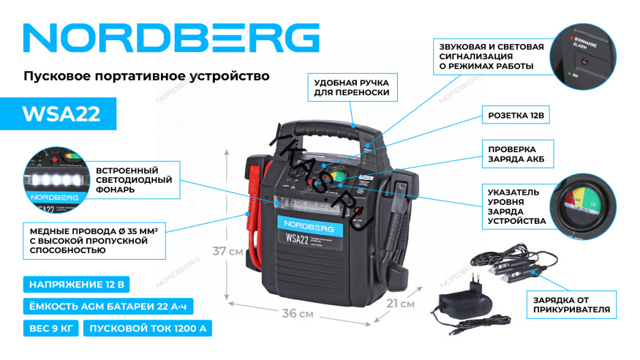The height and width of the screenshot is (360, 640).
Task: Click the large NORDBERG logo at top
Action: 173,38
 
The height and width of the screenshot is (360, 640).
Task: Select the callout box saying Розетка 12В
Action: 516,116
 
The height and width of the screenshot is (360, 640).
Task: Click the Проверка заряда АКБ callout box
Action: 516,154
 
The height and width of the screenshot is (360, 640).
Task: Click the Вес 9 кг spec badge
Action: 51,328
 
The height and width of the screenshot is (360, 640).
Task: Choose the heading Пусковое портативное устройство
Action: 147,76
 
